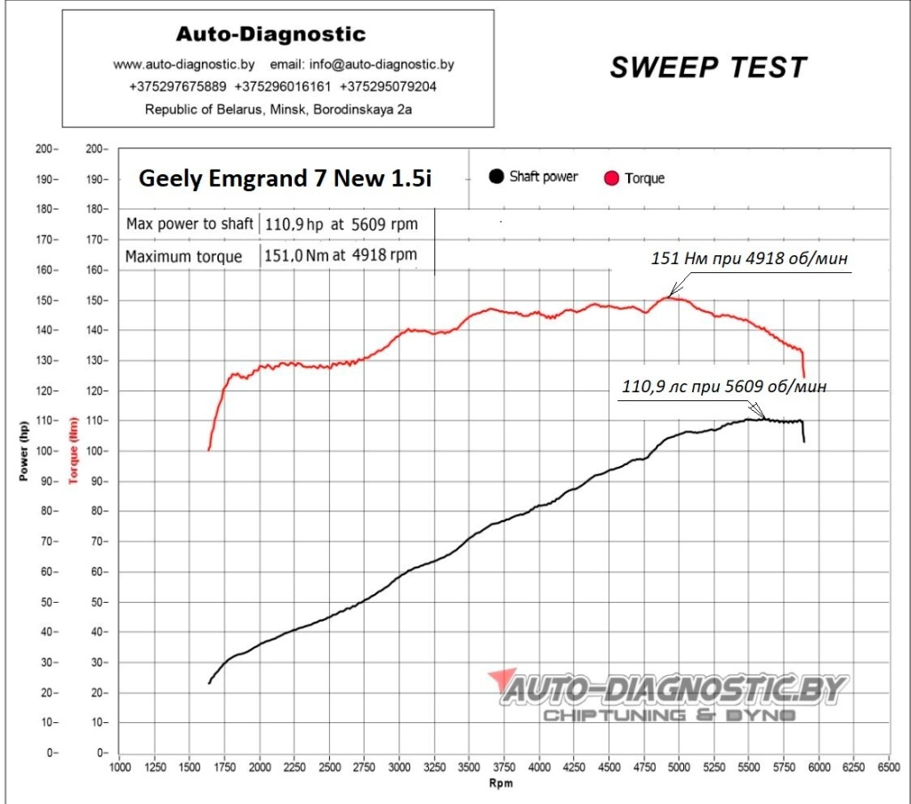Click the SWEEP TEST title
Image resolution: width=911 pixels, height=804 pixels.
tap(708, 67)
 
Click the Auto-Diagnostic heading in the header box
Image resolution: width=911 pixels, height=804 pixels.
tap(270, 35)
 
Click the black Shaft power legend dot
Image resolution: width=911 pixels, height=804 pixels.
tap(496, 176)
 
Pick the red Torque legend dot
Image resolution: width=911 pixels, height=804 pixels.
tap(611, 178)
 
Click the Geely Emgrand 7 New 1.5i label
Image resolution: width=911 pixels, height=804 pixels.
tap(285, 179)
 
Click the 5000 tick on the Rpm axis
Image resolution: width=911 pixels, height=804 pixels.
tap(679, 767)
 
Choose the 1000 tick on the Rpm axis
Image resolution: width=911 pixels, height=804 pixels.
tap(119, 767)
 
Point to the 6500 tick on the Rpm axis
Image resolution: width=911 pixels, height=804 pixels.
tap(888, 767)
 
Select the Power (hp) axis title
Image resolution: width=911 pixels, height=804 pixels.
tap(24, 451)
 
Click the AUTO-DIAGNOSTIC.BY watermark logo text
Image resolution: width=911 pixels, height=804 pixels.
tap(673, 689)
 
